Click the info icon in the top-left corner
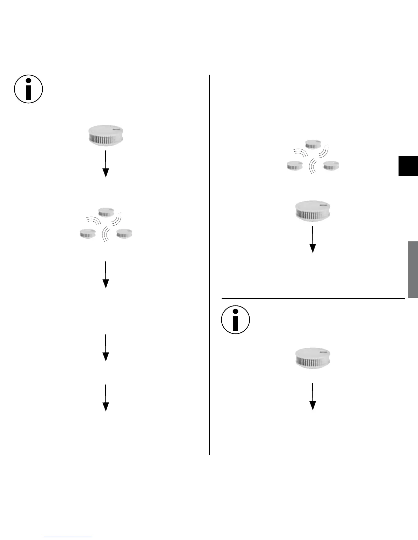pos(29,89)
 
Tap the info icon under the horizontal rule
pos(236,320)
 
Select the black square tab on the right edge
pos(408,166)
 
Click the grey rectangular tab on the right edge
pos(413,269)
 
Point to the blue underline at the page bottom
pos(68,537)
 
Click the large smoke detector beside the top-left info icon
pos(106,136)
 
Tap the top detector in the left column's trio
pos(106,212)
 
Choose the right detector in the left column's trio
pos(124,234)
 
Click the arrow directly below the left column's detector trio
pos(106,275)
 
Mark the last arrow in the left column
pos(106,398)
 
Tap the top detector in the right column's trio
pos(313,144)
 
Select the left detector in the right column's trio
pos(294,166)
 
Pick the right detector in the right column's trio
pos(331,166)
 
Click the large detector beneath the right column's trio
pos(312,211)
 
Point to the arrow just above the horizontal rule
pos(312,239)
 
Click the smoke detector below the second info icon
pos(313,358)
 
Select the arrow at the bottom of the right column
pos(312,396)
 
